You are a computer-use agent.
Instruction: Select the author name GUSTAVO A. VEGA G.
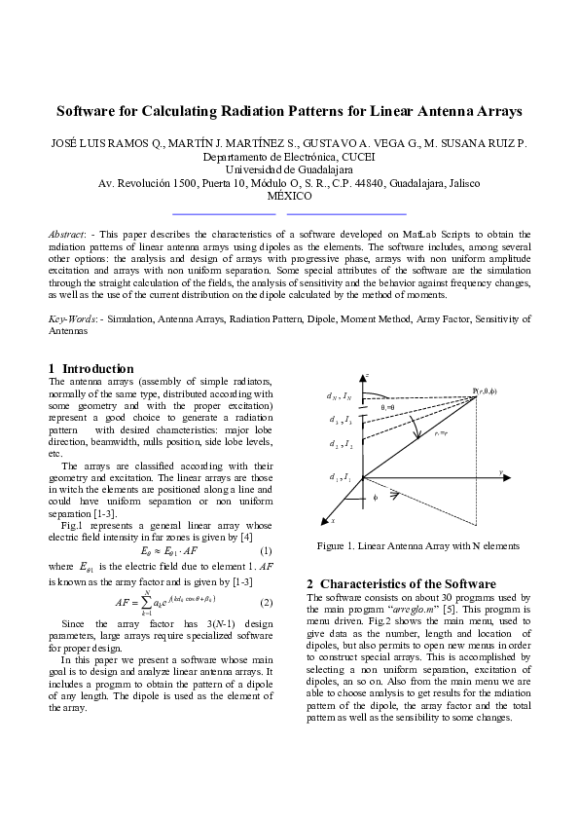[360, 143]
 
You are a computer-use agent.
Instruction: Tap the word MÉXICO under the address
[289, 196]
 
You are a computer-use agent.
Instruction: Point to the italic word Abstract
[67, 235]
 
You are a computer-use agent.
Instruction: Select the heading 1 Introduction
[91, 369]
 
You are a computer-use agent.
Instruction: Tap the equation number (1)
[266, 550]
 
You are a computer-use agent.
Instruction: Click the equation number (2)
[266, 602]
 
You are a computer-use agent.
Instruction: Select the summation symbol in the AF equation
[146, 602]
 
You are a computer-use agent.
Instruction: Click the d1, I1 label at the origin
[341, 476]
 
